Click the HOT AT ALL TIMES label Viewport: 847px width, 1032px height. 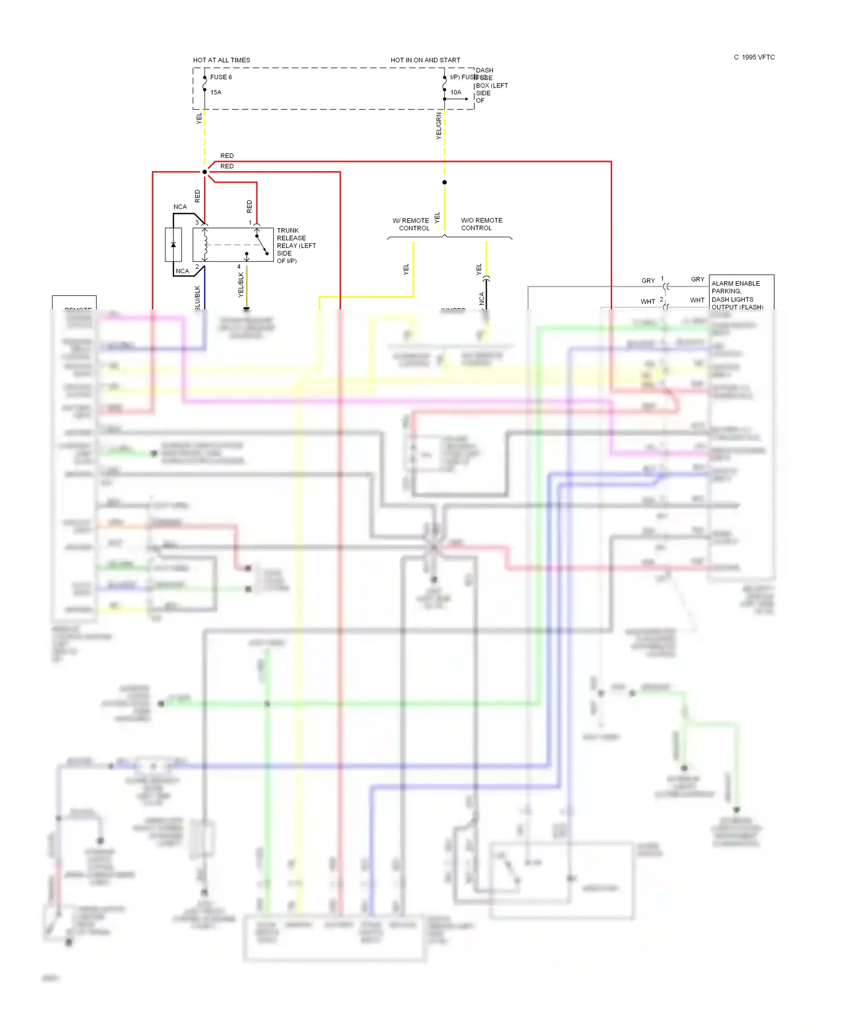click(x=221, y=60)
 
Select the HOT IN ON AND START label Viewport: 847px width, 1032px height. click(x=425, y=60)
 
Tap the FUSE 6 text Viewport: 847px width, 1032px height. click(x=221, y=77)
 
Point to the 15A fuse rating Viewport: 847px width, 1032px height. click(x=216, y=93)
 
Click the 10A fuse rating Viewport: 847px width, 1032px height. click(x=456, y=93)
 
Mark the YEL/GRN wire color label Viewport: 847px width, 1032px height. click(x=439, y=126)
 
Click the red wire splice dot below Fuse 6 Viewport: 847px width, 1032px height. click(x=204, y=172)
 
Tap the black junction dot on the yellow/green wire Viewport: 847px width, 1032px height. click(x=444, y=182)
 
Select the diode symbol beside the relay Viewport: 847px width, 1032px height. click(x=173, y=245)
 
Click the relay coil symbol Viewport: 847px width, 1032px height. click(x=205, y=245)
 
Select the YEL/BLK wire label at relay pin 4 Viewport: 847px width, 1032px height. click(x=241, y=285)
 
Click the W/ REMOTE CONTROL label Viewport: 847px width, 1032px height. click(x=412, y=224)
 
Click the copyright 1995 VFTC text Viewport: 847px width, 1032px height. click(x=754, y=58)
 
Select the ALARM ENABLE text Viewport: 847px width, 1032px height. click(x=735, y=283)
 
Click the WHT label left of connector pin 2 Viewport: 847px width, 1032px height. click(x=648, y=301)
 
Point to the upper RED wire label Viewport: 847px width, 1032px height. click(x=227, y=156)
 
